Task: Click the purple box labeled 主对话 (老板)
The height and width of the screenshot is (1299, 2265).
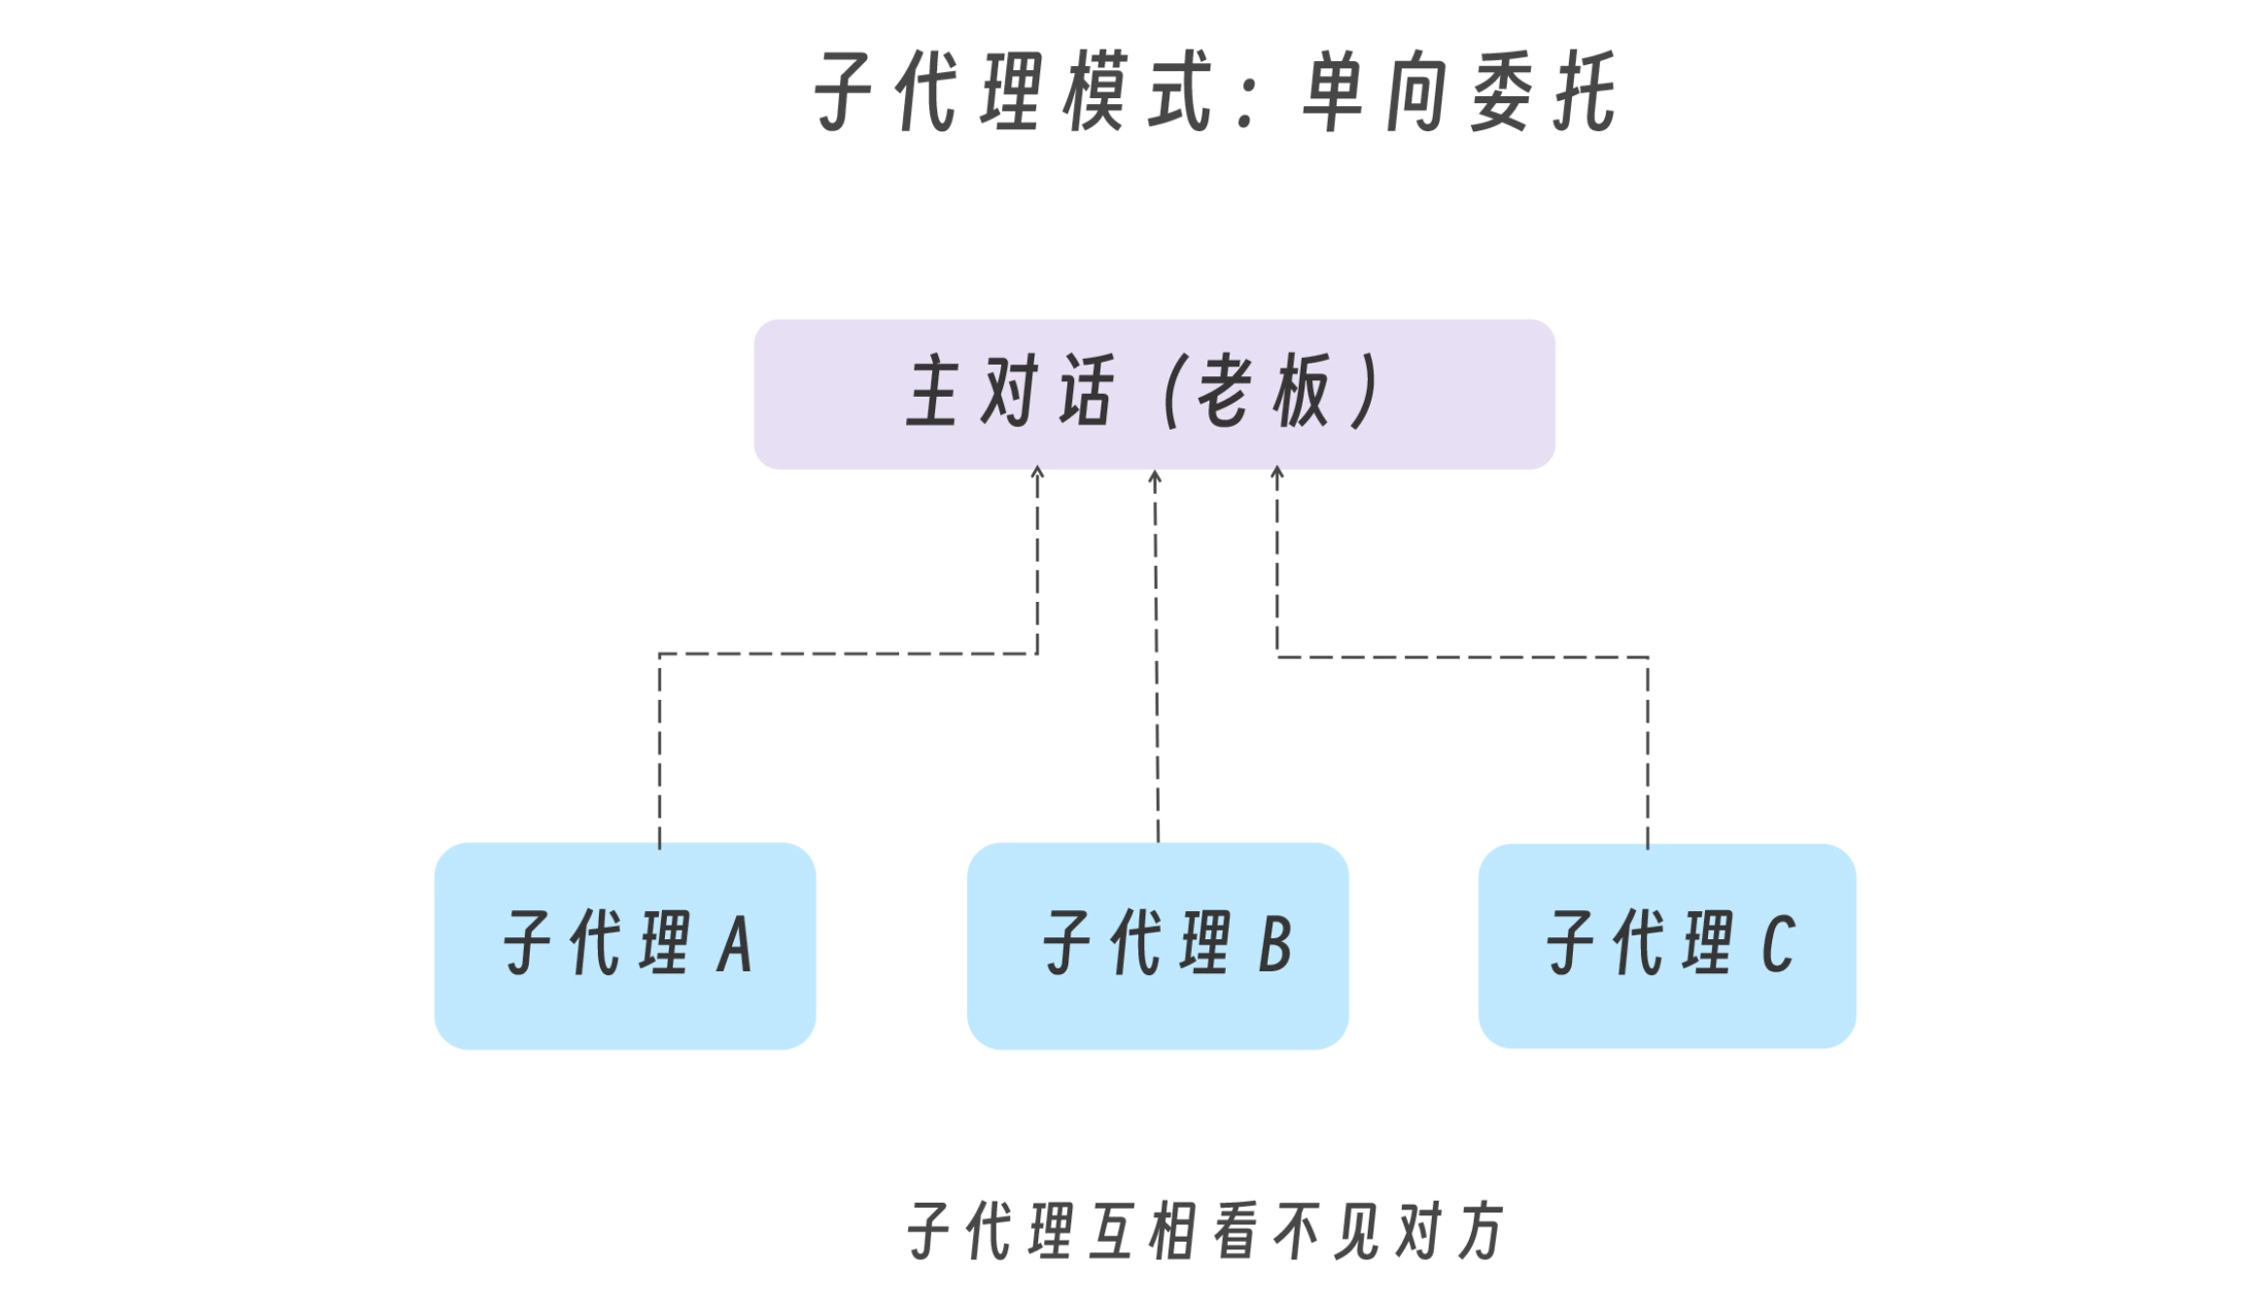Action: [x=1154, y=394]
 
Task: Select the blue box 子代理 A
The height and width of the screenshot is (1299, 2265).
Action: [x=624, y=945]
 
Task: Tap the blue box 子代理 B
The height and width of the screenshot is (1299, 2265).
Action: [x=1157, y=945]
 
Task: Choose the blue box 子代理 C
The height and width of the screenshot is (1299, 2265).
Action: [x=1666, y=945]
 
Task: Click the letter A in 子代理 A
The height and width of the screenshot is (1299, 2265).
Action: [x=735, y=944]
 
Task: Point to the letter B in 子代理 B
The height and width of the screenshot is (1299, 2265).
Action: [x=1274, y=944]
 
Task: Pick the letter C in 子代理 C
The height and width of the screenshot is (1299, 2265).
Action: [x=1778, y=944]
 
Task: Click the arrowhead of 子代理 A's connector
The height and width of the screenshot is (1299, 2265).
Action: [x=1037, y=472]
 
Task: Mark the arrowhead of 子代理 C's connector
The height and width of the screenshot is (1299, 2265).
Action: [x=1277, y=472]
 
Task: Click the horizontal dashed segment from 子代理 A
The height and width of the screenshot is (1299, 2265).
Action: [x=848, y=653]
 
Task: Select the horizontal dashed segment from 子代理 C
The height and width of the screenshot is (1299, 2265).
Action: [x=1462, y=657]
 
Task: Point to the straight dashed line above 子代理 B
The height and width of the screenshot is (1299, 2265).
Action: [x=1156, y=661]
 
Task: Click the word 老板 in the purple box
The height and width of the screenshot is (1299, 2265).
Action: [x=1264, y=391]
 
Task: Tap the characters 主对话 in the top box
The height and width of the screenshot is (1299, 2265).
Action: [x=1009, y=391]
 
